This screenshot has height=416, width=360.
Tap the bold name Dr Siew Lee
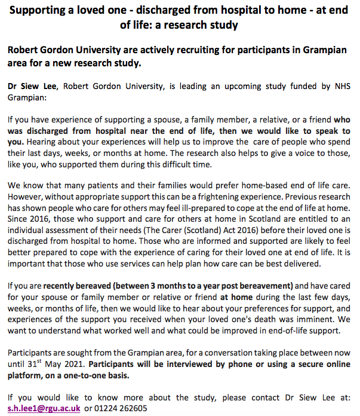coord(31,86)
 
